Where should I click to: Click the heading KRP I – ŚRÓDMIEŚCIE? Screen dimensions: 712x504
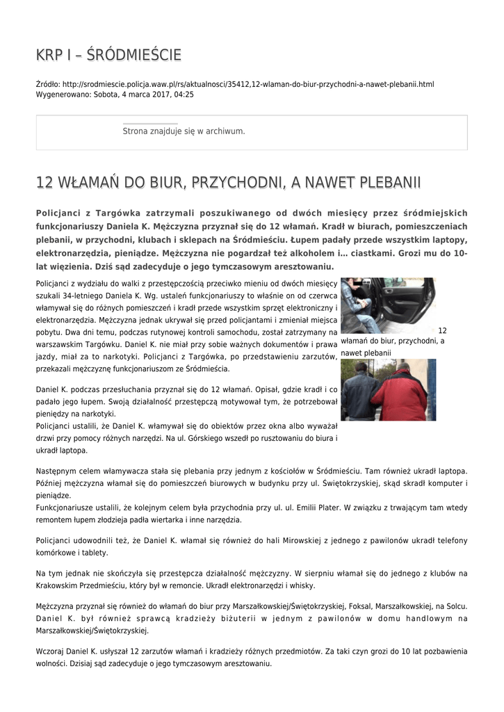pos(108,55)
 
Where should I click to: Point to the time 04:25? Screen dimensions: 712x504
pos(184,94)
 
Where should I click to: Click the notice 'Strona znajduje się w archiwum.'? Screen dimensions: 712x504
pos(184,131)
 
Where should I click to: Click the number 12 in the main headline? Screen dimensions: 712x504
pos(44,183)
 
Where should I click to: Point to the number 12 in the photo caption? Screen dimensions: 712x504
pos(442,330)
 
